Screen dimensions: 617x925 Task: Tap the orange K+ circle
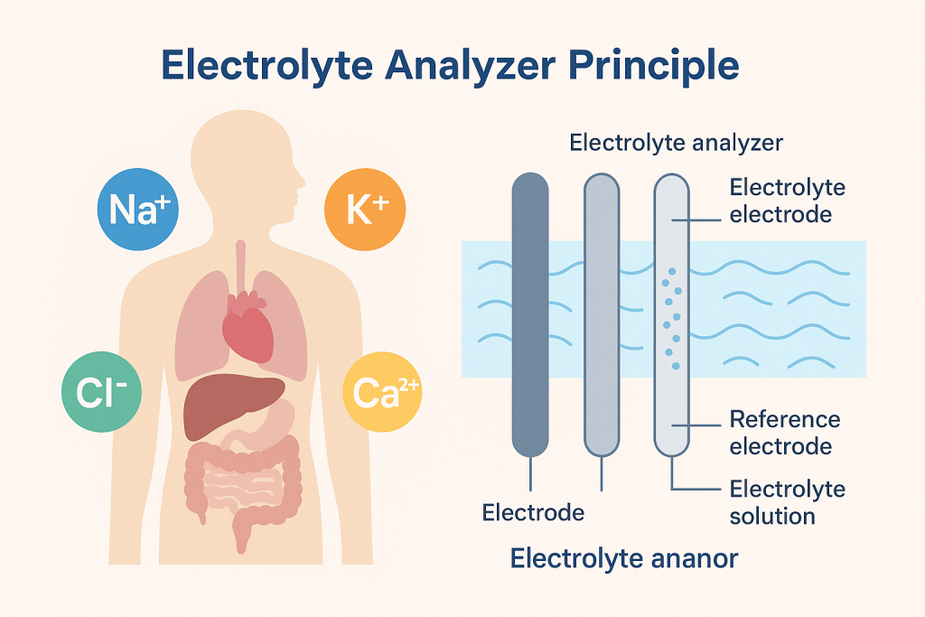click(x=365, y=209)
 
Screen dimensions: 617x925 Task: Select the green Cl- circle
click(x=101, y=390)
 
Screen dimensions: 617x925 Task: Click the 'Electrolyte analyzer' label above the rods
click(x=677, y=143)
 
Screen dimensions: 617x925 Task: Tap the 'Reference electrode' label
click(x=784, y=433)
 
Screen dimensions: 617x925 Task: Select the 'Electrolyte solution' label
click(x=787, y=502)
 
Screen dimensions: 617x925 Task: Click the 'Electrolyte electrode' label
click(x=787, y=201)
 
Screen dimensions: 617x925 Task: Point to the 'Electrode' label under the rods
click(x=533, y=512)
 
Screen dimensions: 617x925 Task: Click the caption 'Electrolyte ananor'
click(x=623, y=558)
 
